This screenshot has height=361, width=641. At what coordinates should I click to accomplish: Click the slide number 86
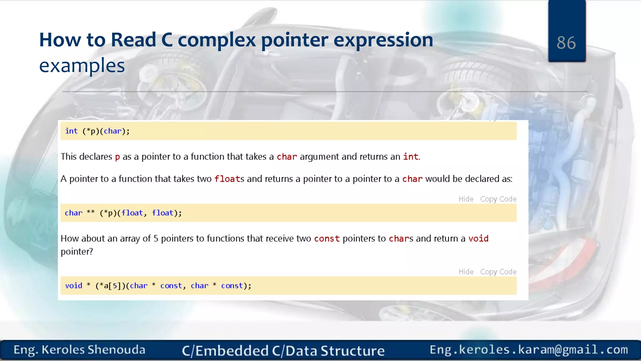pos(566,43)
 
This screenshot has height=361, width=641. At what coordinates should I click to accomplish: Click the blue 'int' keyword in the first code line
pos(71,131)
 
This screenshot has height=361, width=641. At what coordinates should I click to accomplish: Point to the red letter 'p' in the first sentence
pos(117,157)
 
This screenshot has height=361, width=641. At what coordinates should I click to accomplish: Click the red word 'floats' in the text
pos(229,179)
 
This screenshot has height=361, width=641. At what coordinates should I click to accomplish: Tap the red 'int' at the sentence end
pos(411,157)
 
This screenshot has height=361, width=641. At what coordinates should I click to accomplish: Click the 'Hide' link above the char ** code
pos(466,199)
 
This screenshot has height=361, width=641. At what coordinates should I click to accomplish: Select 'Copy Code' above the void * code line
pos(498,272)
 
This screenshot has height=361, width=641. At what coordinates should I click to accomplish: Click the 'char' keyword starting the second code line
pos(74,213)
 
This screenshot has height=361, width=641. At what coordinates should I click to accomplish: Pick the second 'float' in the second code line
pos(162,213)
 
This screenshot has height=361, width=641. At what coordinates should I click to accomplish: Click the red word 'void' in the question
pos(478,239)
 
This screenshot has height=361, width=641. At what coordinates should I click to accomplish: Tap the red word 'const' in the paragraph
pos(327,239)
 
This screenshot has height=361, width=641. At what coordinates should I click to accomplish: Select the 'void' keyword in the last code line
pos(74,286)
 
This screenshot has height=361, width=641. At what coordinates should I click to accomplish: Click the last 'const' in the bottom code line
pos(232,286)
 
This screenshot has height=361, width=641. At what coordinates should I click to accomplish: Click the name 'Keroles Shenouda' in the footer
pos(93,350)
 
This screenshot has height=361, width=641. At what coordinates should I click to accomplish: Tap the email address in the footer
pos(529,350)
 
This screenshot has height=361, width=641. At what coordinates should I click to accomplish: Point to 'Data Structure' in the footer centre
pos(335,351)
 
